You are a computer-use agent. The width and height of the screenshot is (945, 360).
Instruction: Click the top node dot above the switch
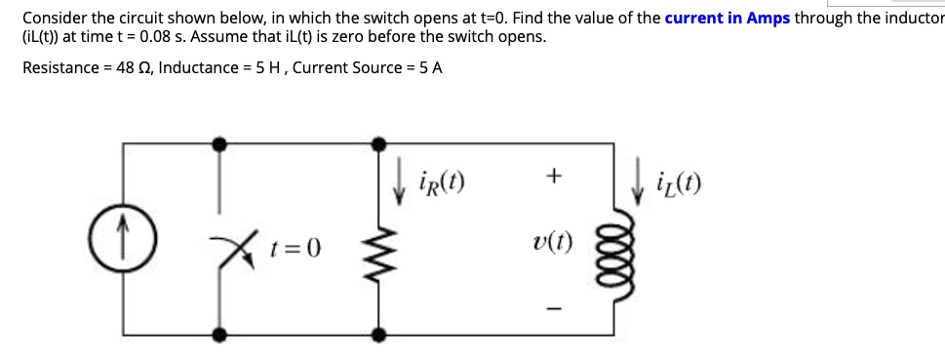pyautogui.click(x=222, y=143)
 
